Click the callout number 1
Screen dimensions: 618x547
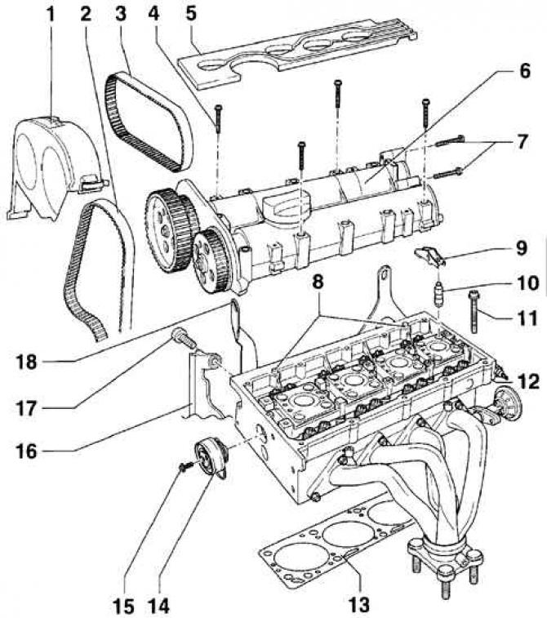pos(50,15)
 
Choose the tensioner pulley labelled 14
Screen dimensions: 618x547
pos(211,461)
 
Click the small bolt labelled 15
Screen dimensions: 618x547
pos(185,467)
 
